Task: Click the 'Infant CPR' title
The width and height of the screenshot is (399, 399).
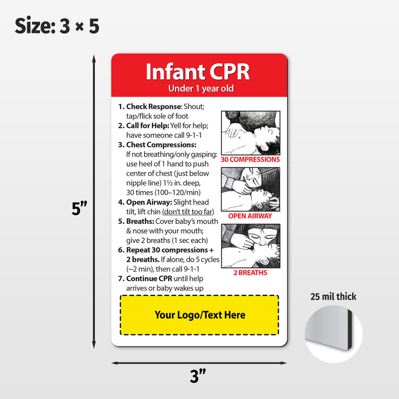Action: point(198,72)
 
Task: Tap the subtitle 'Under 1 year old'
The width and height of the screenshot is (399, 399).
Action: point(200,89)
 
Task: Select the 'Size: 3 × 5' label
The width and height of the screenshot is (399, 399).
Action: point(57,26)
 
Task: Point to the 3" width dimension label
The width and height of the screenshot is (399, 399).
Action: point(198,376)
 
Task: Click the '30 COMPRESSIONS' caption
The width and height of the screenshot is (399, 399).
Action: point(250,160)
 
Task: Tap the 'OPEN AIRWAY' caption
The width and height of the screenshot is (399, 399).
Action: point(250,216)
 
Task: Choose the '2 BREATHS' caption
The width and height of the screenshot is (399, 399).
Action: point(250,273)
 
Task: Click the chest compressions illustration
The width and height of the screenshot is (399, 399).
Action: point(250,132)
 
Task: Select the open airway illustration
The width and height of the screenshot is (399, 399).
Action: point(250,189)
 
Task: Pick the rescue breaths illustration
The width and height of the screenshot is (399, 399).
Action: point(250,246)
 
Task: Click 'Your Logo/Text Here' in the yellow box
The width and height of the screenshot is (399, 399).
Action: point(199,315)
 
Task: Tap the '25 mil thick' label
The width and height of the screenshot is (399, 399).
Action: point(333,297)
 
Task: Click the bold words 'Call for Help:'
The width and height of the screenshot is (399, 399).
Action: point(148,126)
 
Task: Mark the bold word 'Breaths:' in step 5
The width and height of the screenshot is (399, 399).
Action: point(140,221)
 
